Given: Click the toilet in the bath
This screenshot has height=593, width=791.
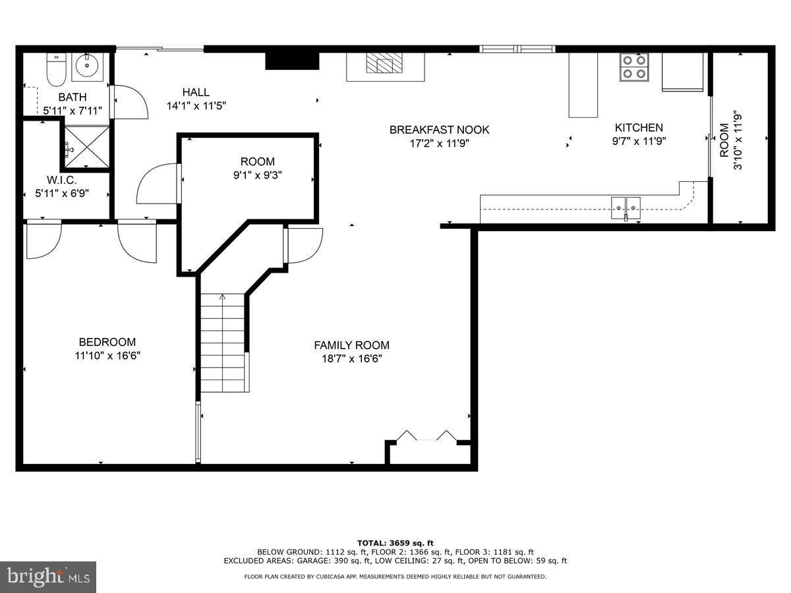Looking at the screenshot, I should (55, 69).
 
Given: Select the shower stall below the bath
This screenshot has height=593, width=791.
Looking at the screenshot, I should (86, 148).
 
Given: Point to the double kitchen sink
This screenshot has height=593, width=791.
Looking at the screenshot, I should (626, 208).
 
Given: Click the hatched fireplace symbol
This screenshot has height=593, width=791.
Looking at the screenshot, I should (380, 63).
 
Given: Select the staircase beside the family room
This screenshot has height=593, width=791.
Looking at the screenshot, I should (223, 343).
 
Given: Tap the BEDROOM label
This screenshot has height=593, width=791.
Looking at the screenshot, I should (107, 342).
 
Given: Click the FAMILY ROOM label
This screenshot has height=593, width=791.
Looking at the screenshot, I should (351, 345).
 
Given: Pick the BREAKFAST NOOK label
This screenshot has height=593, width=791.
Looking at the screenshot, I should (439, 130).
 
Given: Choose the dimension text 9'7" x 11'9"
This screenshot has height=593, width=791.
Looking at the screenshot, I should (639, 140).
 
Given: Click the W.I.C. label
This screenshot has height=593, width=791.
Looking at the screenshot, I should (62, 180).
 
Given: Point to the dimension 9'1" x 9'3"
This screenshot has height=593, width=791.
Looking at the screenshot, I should (257, 176).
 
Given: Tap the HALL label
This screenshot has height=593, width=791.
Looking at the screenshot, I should (196, 92).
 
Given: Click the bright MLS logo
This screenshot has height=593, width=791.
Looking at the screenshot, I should (48, 577).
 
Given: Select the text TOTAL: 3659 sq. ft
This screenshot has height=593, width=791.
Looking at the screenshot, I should (395, 542).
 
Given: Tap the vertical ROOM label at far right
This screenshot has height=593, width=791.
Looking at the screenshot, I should (724, 140).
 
